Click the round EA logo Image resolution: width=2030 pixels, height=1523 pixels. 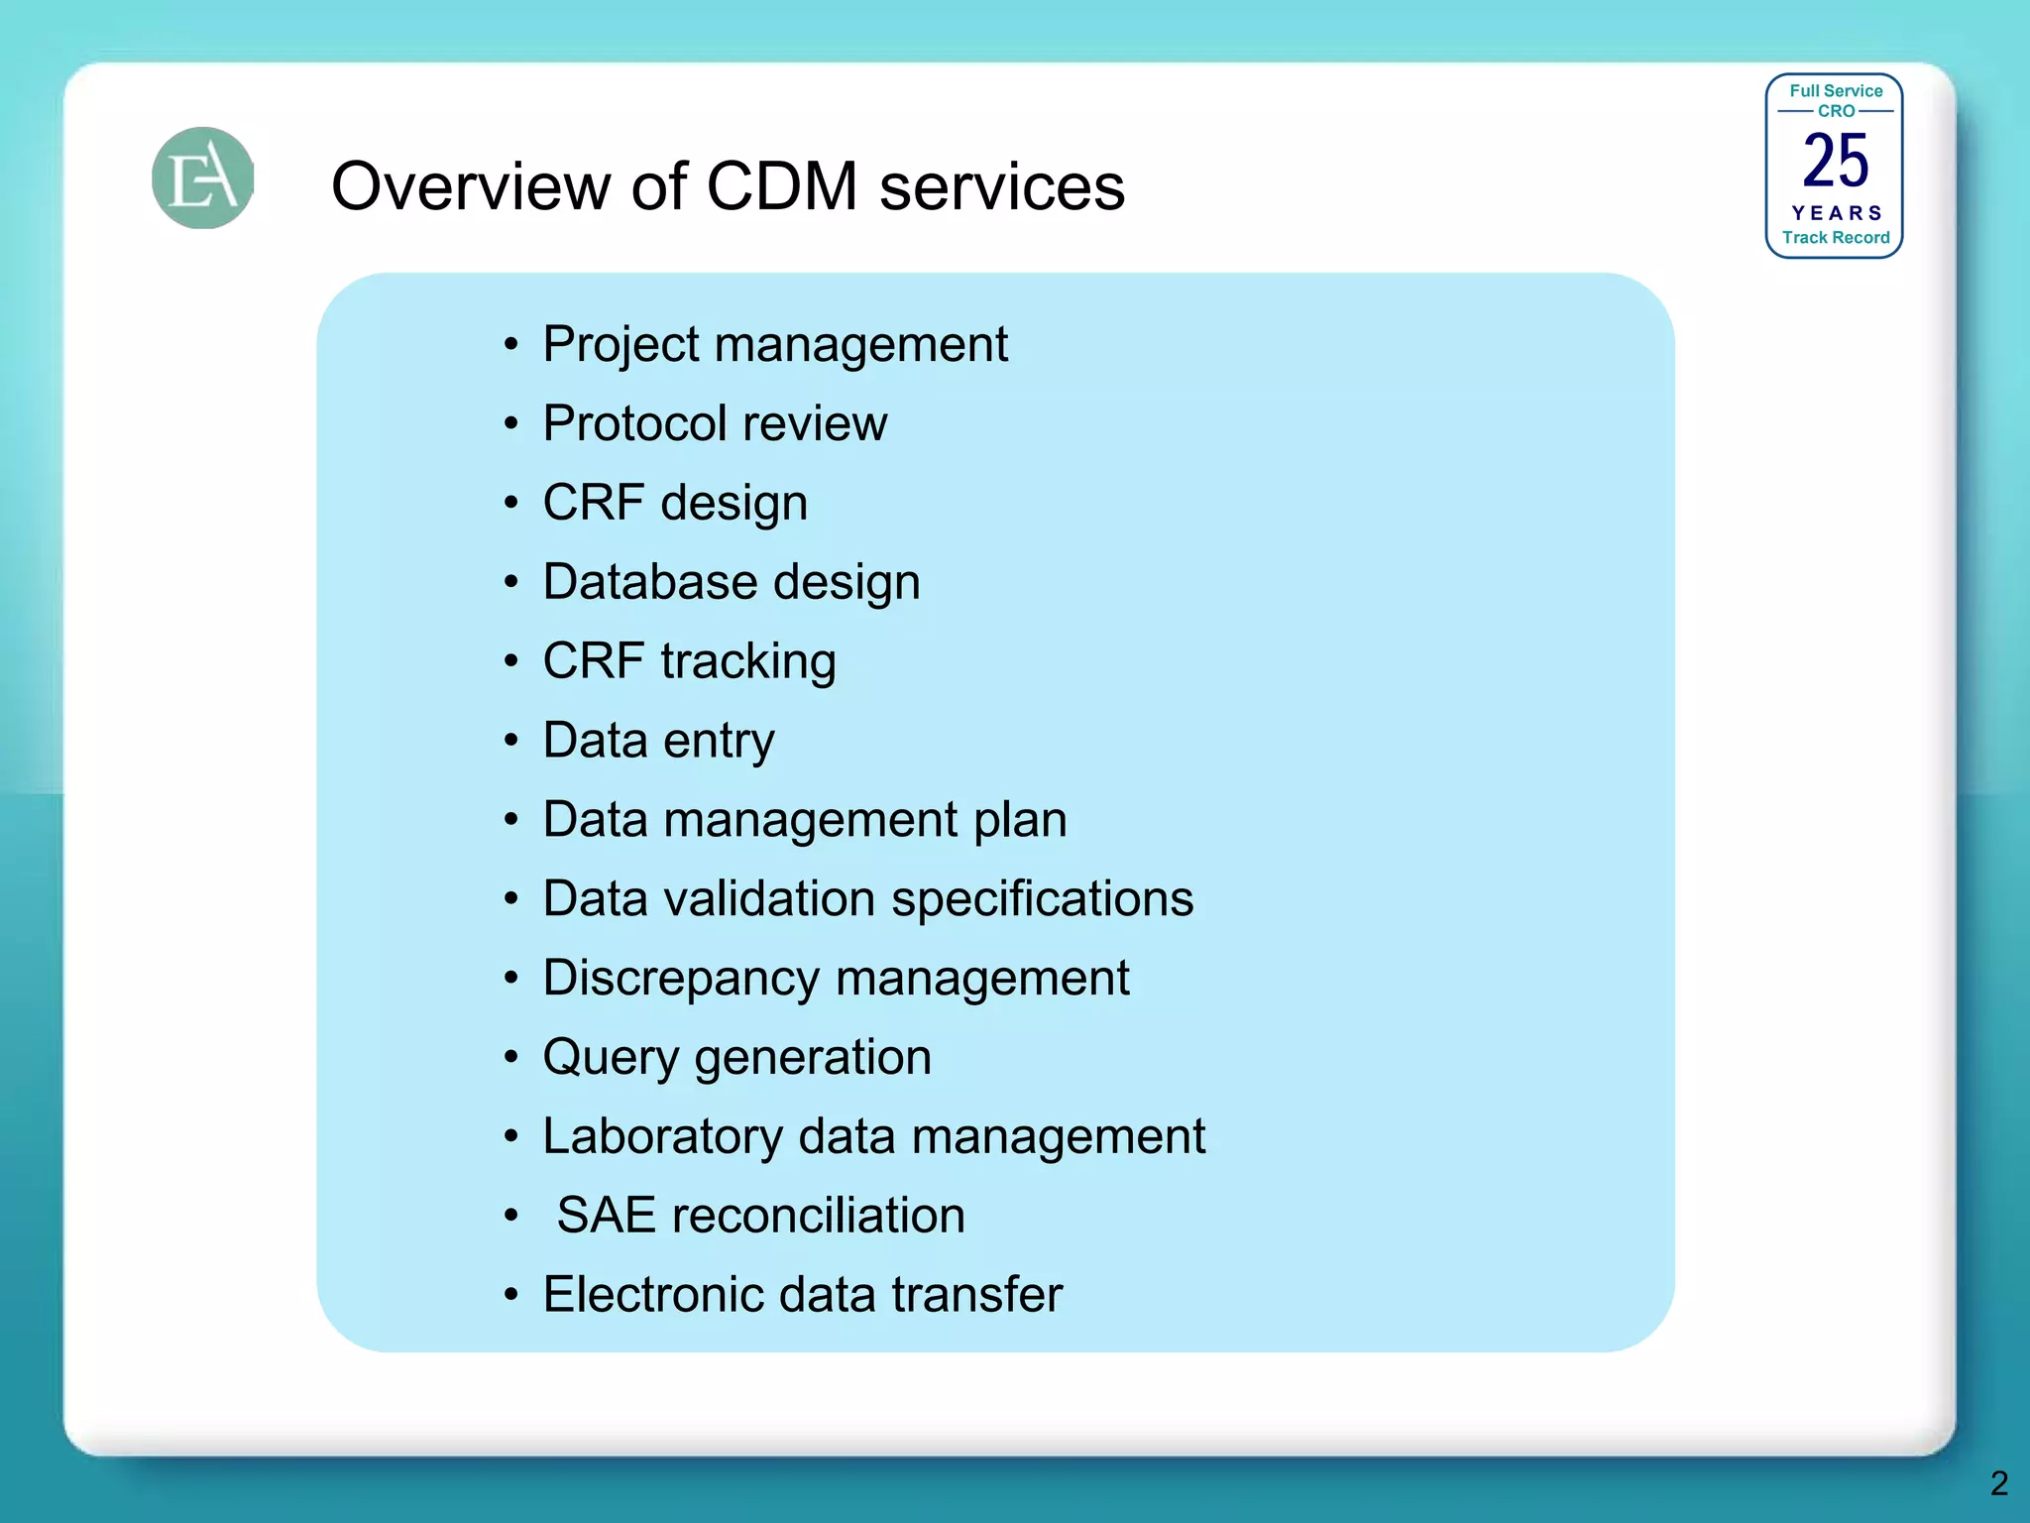coord(203,178)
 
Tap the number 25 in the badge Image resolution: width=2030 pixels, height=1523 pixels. coord(1835,161)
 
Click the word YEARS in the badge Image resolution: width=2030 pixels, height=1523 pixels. coord(1836,213)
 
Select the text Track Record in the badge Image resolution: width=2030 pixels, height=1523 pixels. coord(1836,238)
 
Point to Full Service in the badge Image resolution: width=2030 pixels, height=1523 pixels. coord(1836,91)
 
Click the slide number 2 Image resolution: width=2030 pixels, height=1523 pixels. coord(1998,1483)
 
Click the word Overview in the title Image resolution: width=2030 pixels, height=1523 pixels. coord(470,186)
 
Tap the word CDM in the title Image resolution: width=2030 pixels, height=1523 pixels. coord(782,186)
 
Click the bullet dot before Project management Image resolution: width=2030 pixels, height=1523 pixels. coord(510,345)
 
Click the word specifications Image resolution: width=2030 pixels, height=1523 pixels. coord(1042,900)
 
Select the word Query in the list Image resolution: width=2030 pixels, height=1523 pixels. coord(611,1058)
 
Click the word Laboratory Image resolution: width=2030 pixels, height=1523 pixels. coord(662,1137)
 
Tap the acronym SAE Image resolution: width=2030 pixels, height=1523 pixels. coord(607,1216)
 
